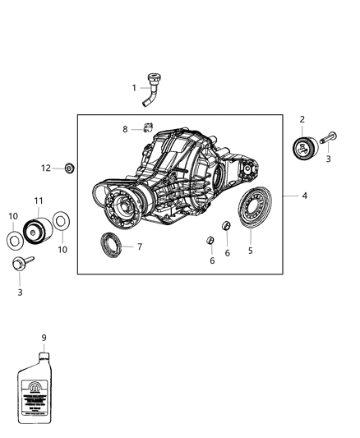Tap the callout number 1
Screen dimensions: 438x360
click(135, 87)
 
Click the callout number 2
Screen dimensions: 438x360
click(302, 120)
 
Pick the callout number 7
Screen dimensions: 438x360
click(140, 247)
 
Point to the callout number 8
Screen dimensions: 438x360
click(126, 129)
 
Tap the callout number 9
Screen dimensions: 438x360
click(44, 337)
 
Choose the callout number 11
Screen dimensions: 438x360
click(38, 201)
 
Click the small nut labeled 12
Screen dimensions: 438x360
click(70, 168)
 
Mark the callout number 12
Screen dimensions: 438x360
click(47, 168)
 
